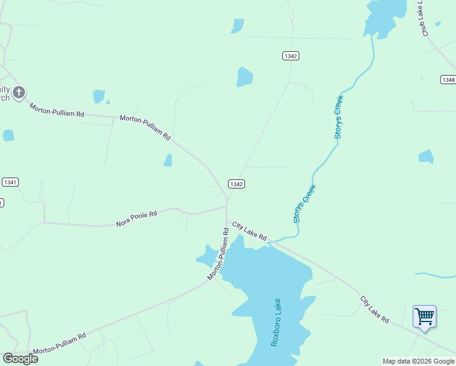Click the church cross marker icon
tap(19, 92)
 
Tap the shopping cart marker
tap(424, 317)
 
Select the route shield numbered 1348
tap(448, 80)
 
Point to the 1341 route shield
tap(10, 182)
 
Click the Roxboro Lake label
tap(276, 323)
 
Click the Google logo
tap(21, 359)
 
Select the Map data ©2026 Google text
tap(418, 361)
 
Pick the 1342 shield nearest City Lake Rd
tap(237, 184)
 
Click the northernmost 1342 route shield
tap(291, 56)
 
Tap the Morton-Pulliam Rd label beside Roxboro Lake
tap(218, 254)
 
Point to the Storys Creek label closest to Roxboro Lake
tap(305, 203)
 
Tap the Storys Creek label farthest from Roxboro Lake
tap(338, 117)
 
